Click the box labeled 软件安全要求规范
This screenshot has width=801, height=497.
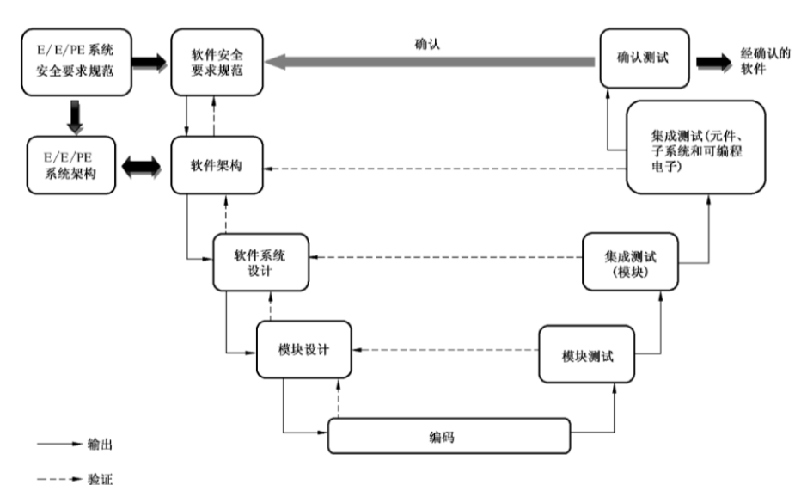tap(217, 62)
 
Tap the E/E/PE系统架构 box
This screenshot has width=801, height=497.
tap(70, 164)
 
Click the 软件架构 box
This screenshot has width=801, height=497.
tap(217, 164)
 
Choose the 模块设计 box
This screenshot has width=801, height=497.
tap(304, 350)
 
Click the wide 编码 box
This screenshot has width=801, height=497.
tap(449, 436)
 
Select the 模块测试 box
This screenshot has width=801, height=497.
tap(588, 353)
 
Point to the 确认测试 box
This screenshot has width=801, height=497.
tap(644, 58)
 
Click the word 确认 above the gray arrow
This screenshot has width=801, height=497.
tap(427, 40)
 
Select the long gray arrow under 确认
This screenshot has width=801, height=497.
tap(430, 62)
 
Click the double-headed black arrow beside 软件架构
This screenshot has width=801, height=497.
tap(141, 166)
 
